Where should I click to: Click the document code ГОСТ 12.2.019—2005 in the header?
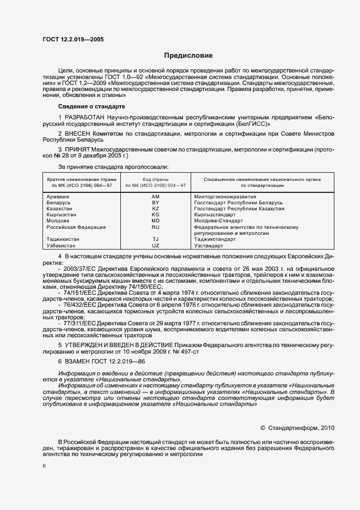tap(73, 40)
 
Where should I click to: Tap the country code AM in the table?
tap(155, 196)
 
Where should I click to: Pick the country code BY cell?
tap(155, 202)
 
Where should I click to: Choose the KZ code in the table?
tap(155, 208)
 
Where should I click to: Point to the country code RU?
tap(155, 227)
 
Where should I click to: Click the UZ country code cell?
tap(155, 245)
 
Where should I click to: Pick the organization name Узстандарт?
tap(209, 245)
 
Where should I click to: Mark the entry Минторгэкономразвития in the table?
tap(225, 196)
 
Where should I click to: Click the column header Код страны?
tap(155, 179)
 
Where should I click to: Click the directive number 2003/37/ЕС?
tap(80, 269)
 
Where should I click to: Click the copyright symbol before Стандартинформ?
tap(263, 428)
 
